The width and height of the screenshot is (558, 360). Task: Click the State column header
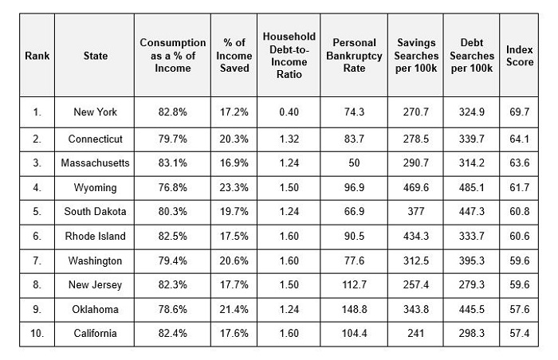tap(96, 56)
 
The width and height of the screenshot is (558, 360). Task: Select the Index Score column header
tap(520, 56)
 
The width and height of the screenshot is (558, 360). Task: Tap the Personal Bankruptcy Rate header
tap(354, 56)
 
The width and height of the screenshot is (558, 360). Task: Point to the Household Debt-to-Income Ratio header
tap(289, 56)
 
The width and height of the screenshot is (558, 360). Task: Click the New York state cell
tap(96, 112)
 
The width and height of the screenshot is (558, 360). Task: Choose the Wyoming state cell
tap(96, 188)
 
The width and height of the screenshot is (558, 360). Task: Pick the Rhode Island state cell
tap(96, 237)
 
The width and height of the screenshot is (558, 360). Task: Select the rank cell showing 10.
tap(37, 334)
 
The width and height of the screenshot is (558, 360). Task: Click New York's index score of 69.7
tap(520, 112)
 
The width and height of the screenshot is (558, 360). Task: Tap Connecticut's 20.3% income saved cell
tap(234, 139)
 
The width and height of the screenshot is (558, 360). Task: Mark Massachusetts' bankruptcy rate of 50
tap(354, 163)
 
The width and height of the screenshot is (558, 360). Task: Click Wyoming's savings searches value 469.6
tap(417, 188)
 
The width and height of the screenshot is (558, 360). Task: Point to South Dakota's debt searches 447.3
tap(471, 213)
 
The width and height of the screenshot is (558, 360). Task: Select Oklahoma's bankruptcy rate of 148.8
tap(354, 309)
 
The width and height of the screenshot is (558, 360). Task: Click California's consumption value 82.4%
tap(173, 334)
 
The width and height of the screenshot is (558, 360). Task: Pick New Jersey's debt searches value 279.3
tap(471, 285)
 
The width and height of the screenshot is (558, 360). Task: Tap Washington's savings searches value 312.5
tap(417, 261)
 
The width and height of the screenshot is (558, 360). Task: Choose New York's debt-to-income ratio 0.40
tap(289, 112)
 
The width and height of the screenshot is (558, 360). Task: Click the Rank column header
tap(37, 56)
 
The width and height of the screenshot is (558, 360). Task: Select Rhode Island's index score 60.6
tap(520, 237)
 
